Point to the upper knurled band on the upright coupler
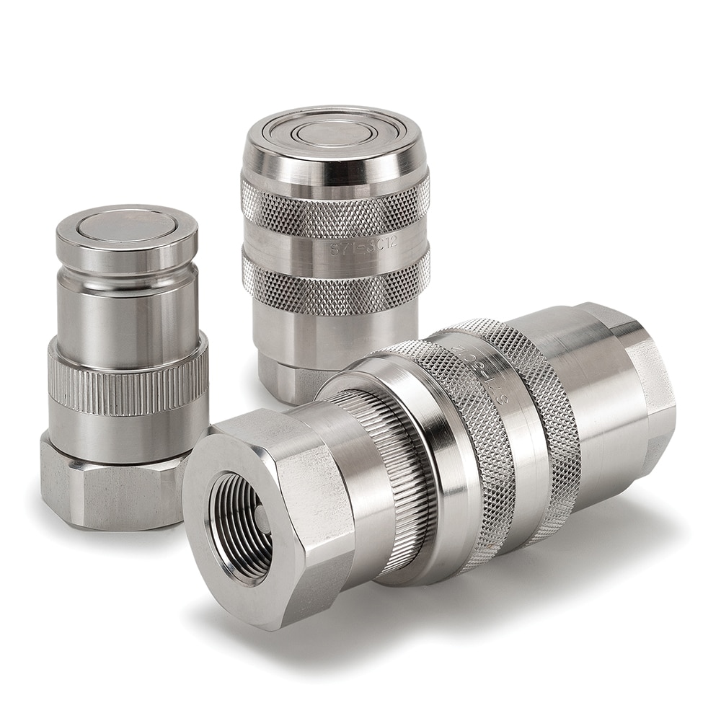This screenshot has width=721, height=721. (335, 208)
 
